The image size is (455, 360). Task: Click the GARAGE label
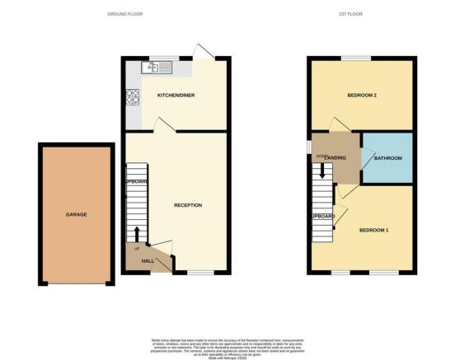pyautogui.click(x=77, y=214)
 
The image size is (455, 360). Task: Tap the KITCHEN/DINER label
pyautogui.click(x=174, y=95)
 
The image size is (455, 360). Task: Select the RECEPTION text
pyautogui.click(x=188, y=204)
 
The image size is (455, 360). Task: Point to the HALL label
pyautogui.click(x=148, y=260)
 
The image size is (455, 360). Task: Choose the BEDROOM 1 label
pyautogui.click(x=373, y=230)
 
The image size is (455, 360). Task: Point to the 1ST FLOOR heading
pyautogui.click(x=349, y=15)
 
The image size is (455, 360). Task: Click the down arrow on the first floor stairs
pyautogui.click(x=323, y=172)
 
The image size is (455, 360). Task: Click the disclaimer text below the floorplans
pyautogui.click(x=227, y=344)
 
